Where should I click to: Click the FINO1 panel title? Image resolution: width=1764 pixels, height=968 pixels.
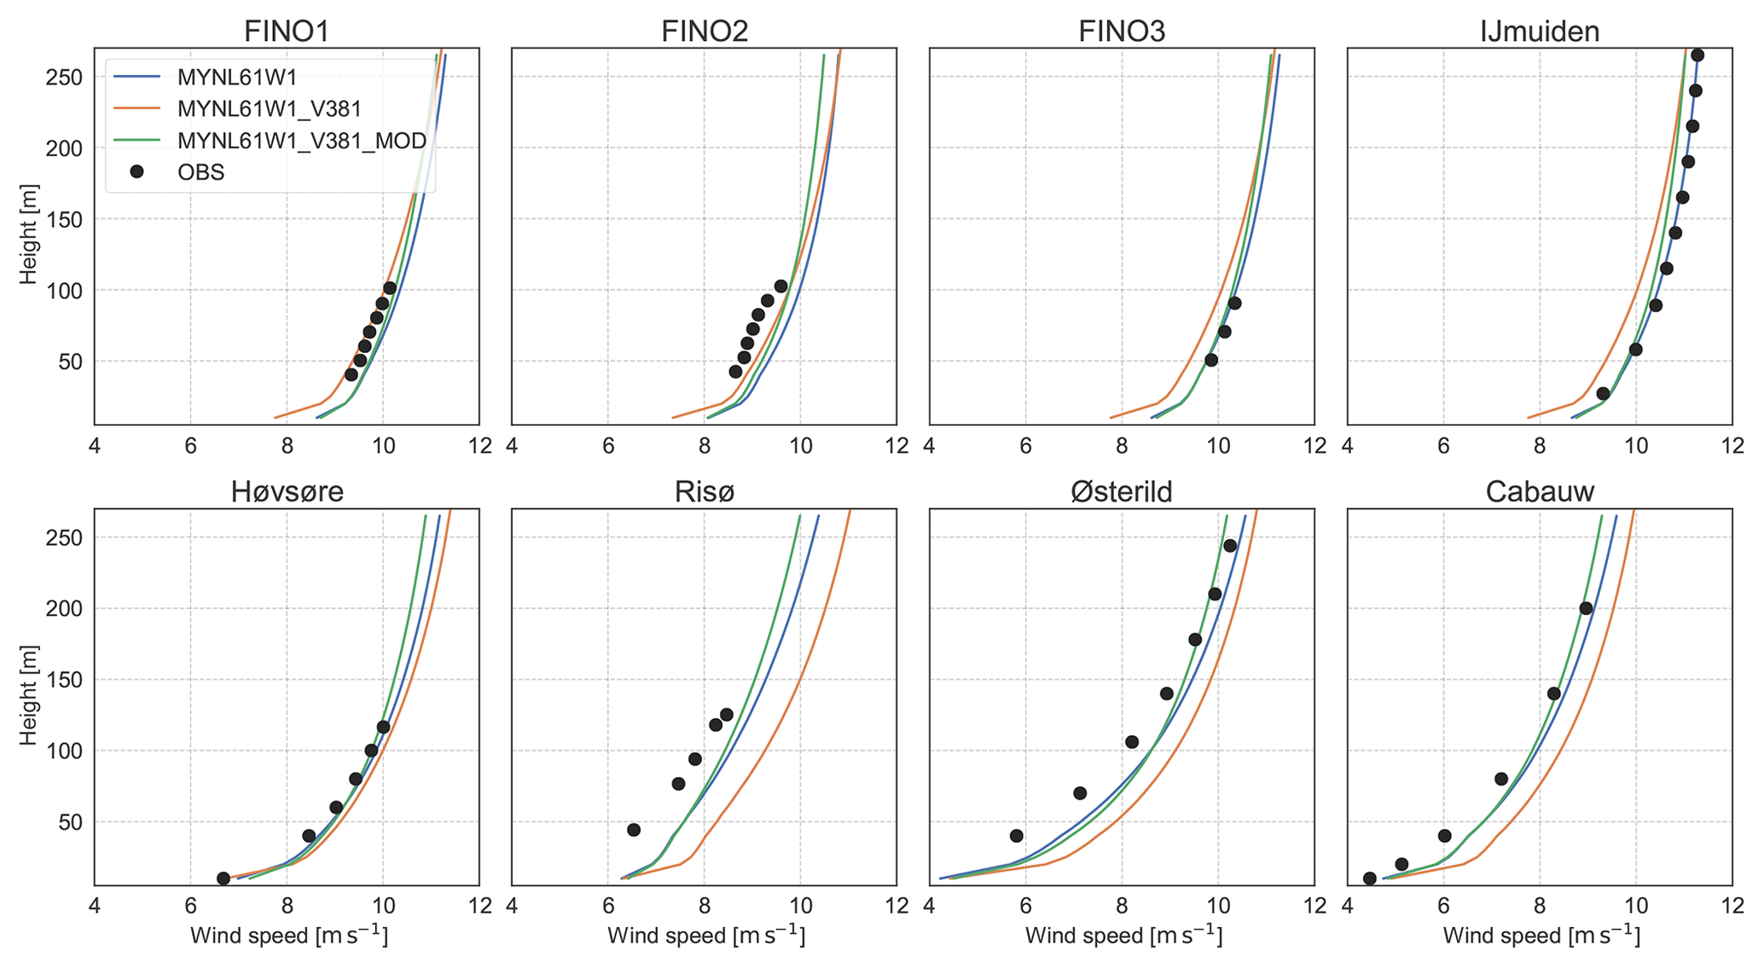tap(287, 31)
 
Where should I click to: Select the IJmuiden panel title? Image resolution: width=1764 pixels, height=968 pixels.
tap(1540, 31)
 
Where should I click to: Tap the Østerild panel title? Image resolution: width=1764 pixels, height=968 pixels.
tap(1122, 492)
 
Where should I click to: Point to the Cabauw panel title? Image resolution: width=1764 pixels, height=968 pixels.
tap(1540, 492)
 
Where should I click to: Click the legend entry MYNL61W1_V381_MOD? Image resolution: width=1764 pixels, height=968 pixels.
tap(301, 141)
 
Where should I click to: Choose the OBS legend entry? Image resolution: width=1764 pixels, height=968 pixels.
tap(200, 172)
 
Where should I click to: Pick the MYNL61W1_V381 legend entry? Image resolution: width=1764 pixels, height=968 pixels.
tap(270, 109)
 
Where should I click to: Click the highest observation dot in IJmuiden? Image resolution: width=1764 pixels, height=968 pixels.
tap(1697, 55)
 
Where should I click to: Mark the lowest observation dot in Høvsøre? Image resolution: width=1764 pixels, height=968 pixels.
tap(223, 878)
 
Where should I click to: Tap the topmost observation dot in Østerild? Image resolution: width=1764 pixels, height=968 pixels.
tap(1230, 546)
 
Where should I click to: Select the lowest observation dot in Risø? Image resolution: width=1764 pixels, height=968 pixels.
tap(634, 830)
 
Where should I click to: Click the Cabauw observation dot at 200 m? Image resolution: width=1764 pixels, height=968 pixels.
tap(1586, 608)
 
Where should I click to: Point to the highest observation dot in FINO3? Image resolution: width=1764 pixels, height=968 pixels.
tap(1234, 304)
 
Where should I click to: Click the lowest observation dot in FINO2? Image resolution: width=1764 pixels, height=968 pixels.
tap(735, 372)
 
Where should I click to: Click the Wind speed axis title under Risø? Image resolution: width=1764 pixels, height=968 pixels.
tap(705, 936)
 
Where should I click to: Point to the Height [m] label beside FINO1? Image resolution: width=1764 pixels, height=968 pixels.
tap(29, 234)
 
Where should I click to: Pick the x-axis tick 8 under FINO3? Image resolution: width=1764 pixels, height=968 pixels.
tap(1122, 445)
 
